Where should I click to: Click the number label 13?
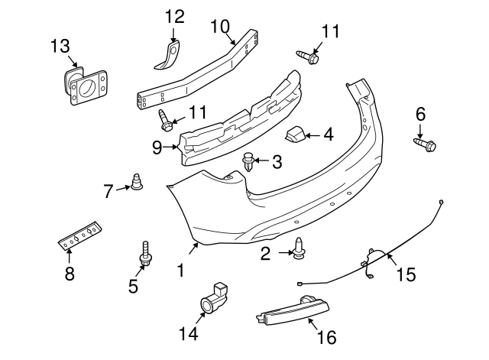pyautogui.click(x=60, y=47)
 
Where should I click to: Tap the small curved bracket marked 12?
pyautogui.click(x=170, y=56)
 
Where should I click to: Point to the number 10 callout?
pyautogui.click(x=219, y=27)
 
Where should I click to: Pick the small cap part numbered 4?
pyautogui.click(x=295, y=136)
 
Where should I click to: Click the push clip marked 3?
pyautogui.click(x=248, y=162)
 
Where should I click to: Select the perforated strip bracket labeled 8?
pyautogui.click(x=79, y=232)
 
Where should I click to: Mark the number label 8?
pyautogui.click(x=69, y=274)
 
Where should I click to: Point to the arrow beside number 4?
pyautogui.click(x=313, y=135)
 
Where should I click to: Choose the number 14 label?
pyautogui.click(x=187, y=333)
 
